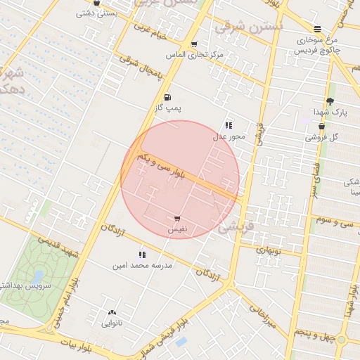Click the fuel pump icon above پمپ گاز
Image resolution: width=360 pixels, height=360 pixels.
pyautogui.click(x=167, y=98)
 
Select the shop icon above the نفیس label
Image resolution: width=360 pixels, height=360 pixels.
pyautogui.click(x=176, y=219)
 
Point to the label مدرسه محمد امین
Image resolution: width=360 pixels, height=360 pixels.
pyautogui.click(x=141, y=266)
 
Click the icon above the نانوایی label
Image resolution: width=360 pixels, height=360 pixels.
pyautogui.click(x=112, y=312)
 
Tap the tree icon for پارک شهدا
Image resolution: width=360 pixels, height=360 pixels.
pyautogui.click(x=330, y=101)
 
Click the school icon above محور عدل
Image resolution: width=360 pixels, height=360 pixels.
pyautogui.click(x=229, y=125)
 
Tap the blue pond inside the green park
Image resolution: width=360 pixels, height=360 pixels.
pyautogui.click(x=37, y=276)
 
